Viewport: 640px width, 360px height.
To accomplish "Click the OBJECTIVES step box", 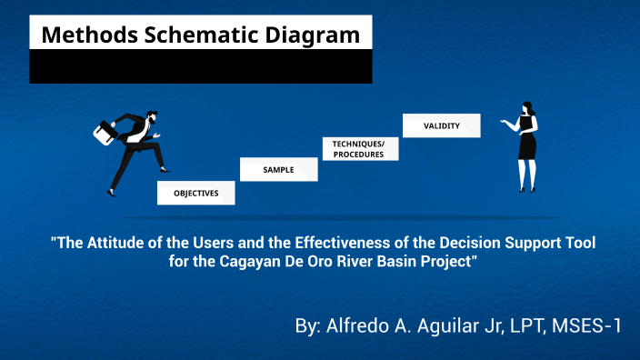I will click(x=196, y=194).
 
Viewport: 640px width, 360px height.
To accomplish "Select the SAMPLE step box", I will click(x=278, y=170).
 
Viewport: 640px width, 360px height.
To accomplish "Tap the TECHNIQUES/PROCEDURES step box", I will click(x=358, y=149).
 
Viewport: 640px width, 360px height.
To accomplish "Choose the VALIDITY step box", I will click(x=441, y=126).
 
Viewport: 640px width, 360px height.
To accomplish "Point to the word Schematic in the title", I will click(x=195, y=35).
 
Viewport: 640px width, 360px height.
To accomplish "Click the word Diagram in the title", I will click(x=310, y=35).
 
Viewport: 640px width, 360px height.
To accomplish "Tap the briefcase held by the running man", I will click(x=105, y=133).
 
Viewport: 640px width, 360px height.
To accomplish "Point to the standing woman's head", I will click(x=525, y=109).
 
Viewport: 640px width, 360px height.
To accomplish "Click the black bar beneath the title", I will click(x=201, y=66).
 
